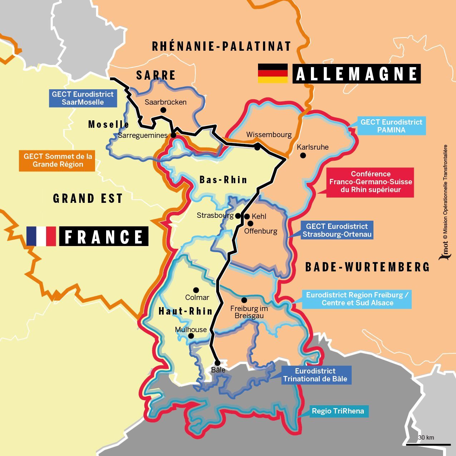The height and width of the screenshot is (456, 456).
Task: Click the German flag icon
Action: [273, 73]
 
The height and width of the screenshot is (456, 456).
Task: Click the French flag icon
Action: [41, 236]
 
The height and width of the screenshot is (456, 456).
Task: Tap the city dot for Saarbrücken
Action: [163, 110]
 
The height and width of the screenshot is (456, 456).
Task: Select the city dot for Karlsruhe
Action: [303, 155]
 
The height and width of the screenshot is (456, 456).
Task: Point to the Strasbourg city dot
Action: [238, 216]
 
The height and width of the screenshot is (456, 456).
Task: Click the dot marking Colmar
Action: [196, 290]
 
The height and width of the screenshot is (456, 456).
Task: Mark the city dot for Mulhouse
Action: [191, 336]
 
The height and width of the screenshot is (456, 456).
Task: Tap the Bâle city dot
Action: [217, 363]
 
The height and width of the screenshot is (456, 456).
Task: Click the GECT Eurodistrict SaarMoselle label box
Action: [83, 98]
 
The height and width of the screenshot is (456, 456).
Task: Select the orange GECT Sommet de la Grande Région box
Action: [57, 160]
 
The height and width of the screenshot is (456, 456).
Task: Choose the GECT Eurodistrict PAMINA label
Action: [391, 126]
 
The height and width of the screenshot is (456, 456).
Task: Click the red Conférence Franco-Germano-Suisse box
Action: [370, 182]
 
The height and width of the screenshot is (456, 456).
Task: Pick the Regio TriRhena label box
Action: [338, 411]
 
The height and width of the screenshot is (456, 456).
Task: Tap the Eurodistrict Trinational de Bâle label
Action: [315, 375]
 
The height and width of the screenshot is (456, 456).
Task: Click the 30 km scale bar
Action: [428, 444]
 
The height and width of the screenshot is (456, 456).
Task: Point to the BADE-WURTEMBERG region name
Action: [367, 267]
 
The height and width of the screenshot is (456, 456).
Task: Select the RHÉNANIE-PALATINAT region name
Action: [222, 46]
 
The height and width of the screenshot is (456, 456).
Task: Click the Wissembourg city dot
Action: [257, 147]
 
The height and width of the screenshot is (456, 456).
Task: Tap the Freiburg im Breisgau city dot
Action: [244, 300]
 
